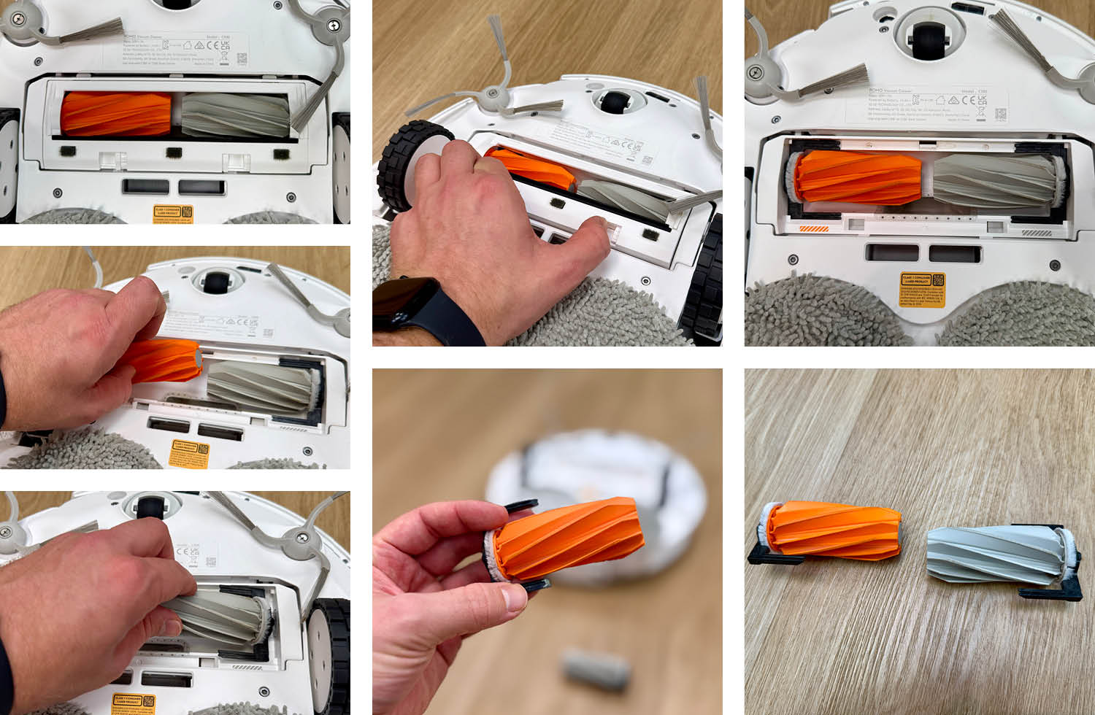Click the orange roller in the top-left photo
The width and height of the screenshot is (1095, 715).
point(115,114)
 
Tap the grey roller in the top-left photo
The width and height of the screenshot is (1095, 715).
point(235,115)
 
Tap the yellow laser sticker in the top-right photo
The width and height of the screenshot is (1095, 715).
point(923,291)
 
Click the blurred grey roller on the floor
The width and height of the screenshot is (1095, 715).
point(596,670)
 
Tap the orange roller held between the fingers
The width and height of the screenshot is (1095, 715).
point(569,540)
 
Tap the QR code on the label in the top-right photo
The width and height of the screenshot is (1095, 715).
point(1000,115)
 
